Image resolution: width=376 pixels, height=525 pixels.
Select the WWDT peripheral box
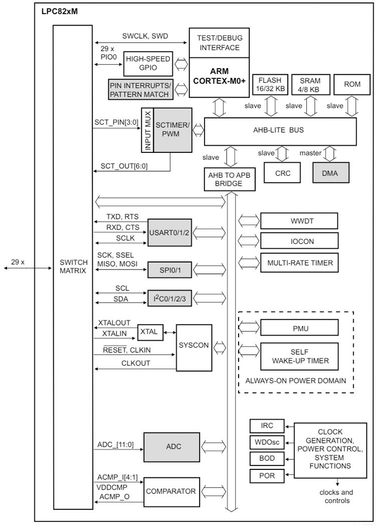(x=298, y=220)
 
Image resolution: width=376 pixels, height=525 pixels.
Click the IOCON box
(x=298, y=241)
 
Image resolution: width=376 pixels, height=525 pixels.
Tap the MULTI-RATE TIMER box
(x=298, y=262)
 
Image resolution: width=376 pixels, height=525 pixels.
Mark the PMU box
(x=298, y=328)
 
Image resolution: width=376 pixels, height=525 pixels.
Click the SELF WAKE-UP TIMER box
(x=298, y=356)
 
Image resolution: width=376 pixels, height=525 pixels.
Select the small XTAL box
(x=148, y=332)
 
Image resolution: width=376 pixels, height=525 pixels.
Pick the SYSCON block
(x=194, y=346)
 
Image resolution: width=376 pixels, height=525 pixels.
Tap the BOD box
(x=267, y=458)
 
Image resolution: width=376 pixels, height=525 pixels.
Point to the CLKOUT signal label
(x=135, y=363)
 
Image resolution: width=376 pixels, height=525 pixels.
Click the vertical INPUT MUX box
(x=147, y=130)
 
